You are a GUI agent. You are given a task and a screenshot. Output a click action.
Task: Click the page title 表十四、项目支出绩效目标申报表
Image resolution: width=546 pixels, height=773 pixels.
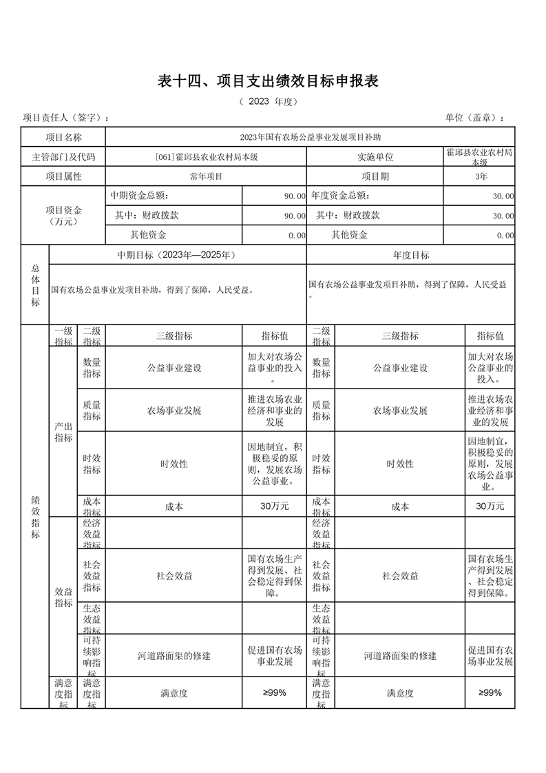tap(269, 81)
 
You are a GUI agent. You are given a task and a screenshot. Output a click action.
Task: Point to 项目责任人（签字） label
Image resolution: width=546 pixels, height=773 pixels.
tap(66, 118)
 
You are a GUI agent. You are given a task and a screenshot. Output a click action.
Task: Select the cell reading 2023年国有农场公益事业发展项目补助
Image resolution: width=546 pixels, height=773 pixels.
tap(309, 137)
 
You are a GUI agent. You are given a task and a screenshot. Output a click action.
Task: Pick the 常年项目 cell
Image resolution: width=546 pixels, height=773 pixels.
tap(206, 176)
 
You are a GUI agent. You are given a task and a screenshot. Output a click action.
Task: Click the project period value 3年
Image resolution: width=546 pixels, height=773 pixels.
tap(479, 176)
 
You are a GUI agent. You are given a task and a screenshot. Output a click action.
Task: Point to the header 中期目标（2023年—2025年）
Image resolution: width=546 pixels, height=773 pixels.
tap(178, 255)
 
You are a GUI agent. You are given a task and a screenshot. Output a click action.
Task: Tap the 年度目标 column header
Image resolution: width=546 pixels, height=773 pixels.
tap(411, 255)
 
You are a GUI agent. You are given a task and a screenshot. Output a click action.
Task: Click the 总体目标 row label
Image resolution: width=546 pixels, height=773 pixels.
tap(35, 285)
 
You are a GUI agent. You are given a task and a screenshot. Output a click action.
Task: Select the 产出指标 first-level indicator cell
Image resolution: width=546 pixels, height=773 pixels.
tap(64, 433)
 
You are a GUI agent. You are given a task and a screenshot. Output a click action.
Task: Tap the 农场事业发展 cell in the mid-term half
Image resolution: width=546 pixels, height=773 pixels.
tap(174, 411)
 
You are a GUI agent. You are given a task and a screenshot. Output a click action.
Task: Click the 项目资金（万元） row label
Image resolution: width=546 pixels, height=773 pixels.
tap(63, 216)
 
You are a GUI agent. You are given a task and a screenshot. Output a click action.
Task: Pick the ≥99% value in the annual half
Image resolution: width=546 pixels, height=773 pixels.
tap(490, 693)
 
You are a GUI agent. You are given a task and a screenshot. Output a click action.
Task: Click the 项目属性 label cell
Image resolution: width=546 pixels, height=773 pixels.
tap(63, 176)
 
